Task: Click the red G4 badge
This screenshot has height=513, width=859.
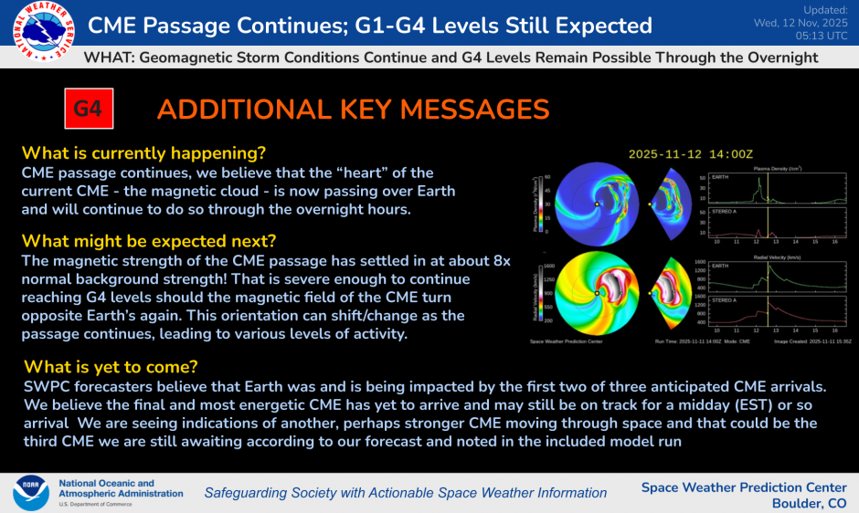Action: coord(88,110)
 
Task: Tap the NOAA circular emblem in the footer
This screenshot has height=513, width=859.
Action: coord(30,492)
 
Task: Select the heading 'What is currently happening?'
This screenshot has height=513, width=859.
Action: coord(149,152)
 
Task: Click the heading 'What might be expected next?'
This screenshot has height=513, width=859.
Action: coord(148,241)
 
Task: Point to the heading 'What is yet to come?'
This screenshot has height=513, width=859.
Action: coord(110,367)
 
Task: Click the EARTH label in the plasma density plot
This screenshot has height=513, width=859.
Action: coord(722,178)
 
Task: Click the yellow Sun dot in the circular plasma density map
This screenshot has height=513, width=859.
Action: coord(596,204)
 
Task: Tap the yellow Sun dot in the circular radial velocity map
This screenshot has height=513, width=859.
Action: coord(596,293)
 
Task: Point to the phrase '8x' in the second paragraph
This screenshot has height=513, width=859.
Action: coord(499,261)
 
